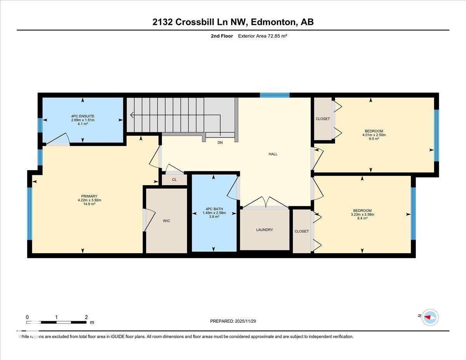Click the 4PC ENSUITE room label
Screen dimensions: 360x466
coord(83,116)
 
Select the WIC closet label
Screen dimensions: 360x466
coord(167,221)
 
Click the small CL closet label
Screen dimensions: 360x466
coord(174,180)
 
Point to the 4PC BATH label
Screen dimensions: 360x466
coord(214,209)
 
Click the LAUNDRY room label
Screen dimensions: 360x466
coord(264,230)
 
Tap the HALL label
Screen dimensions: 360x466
coord(273,154)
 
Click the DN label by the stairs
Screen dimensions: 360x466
coord(220,143)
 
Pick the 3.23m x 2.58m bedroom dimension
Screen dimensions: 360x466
coord(363,214)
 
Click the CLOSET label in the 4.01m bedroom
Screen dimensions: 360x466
coord(323,119)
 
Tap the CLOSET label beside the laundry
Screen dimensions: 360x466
coord(302,231)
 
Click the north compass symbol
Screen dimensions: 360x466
coord(430,317)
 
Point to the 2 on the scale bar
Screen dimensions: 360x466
coord(86,317)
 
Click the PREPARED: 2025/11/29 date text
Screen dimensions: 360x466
coord(233,321)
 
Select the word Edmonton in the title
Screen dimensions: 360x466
coord(273,22)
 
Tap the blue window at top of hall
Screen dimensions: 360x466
coord(275,95)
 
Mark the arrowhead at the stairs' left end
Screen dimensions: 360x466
coord(132,115)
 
